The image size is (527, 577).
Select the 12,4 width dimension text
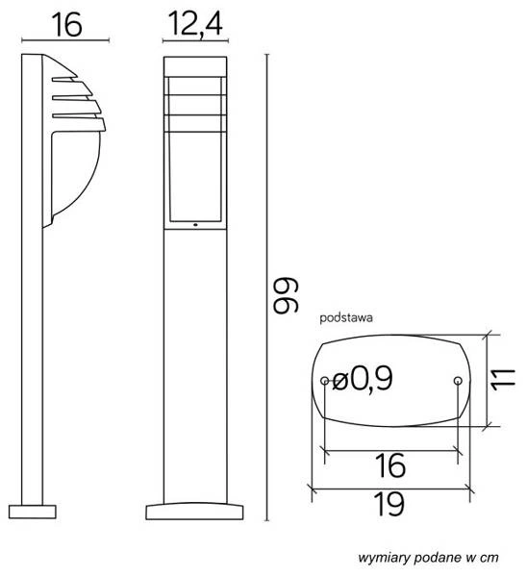194,25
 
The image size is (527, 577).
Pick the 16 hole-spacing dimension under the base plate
390,466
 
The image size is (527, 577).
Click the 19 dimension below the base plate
390,503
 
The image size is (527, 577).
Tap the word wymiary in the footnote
383,557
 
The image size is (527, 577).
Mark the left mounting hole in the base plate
325,382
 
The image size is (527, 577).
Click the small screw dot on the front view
195,228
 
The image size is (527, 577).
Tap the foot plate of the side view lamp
36,506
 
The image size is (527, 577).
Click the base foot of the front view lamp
195,506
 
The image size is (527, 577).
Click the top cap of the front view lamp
195,65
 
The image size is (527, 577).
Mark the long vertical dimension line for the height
266,288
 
